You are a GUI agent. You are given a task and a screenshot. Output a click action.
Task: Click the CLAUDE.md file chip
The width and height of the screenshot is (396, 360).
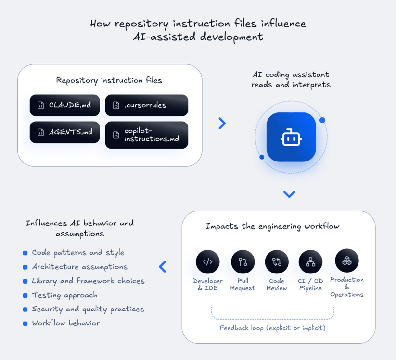[x=64, y=105]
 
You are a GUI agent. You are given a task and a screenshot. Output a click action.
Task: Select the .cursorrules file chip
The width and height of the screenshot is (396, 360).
[x=146, y=105]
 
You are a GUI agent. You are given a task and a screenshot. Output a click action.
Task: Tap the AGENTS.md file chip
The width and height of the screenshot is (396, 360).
[x=64, y=132]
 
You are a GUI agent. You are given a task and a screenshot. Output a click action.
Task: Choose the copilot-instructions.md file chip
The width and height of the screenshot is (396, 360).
[x=146, y=135]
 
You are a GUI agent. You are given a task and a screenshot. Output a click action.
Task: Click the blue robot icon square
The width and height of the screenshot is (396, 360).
[x=291, y=137]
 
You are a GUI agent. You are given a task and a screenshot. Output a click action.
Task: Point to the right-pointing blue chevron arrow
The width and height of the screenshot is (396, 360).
[x=222, y=124]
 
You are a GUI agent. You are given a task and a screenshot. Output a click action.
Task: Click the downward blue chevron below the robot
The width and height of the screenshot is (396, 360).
[x=289, y=194]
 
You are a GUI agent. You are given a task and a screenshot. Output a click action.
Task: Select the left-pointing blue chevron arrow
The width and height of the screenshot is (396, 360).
[x=162, y=267]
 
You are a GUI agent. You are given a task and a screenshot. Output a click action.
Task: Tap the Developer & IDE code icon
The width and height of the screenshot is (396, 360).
[x=207, y=262]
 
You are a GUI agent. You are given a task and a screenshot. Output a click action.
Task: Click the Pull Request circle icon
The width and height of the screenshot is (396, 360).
[x=243, y=262]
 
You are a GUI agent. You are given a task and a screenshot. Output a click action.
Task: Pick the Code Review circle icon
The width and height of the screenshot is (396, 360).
[x=277, y=262]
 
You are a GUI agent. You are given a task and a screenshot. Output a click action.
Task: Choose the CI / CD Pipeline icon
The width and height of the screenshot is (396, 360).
[x=310, y=262]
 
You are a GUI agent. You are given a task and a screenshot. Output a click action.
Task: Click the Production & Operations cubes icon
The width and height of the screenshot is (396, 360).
[x=347, y=261]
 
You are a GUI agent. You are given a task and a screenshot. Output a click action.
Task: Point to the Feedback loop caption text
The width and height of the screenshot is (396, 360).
[x=272, y=328]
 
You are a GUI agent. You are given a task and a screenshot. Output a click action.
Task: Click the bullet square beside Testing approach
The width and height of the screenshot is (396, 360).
[x=25, y=295]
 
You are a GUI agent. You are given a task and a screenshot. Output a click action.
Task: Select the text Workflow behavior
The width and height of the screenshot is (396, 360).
[x=65, y=323]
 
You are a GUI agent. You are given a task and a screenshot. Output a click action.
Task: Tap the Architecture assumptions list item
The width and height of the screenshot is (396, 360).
[x=79, y=267]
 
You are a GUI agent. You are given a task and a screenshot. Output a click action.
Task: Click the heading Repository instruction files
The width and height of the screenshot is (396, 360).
[x=109, y=80]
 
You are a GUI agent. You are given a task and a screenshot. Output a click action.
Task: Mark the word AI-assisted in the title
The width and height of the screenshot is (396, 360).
[x=164, y=37]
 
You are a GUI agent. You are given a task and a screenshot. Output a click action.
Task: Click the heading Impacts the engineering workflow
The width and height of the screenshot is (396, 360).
[x=272, y=226]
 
